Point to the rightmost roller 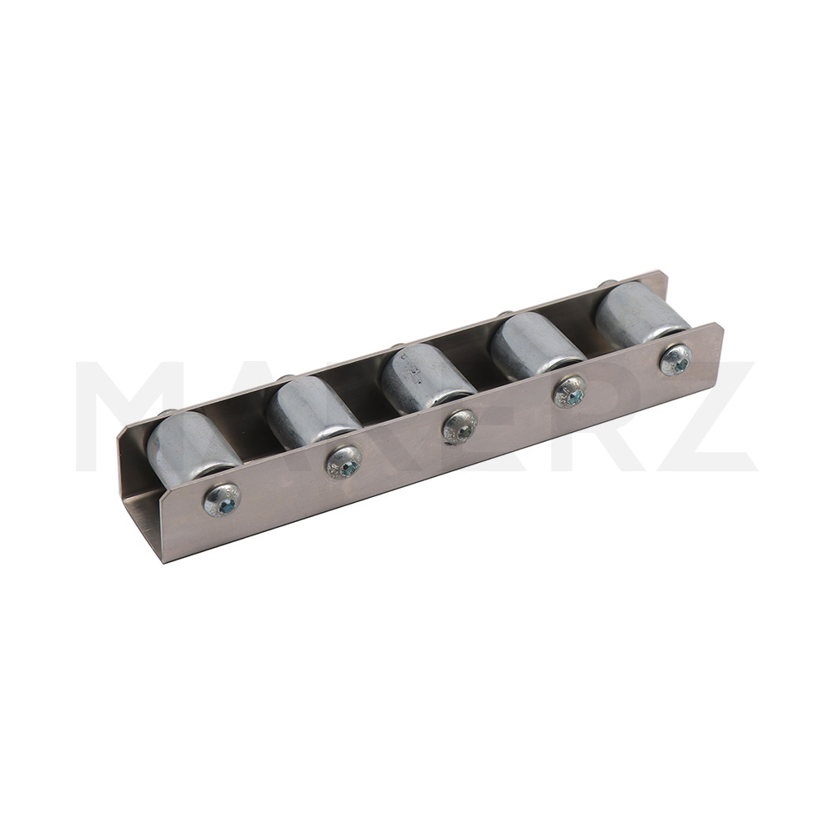pos(641,314)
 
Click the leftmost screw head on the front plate pos(223,500)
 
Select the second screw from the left pos(344,462)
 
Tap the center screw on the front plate pos(460,426)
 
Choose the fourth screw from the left pos(570,392)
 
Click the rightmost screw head pos(676,360)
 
